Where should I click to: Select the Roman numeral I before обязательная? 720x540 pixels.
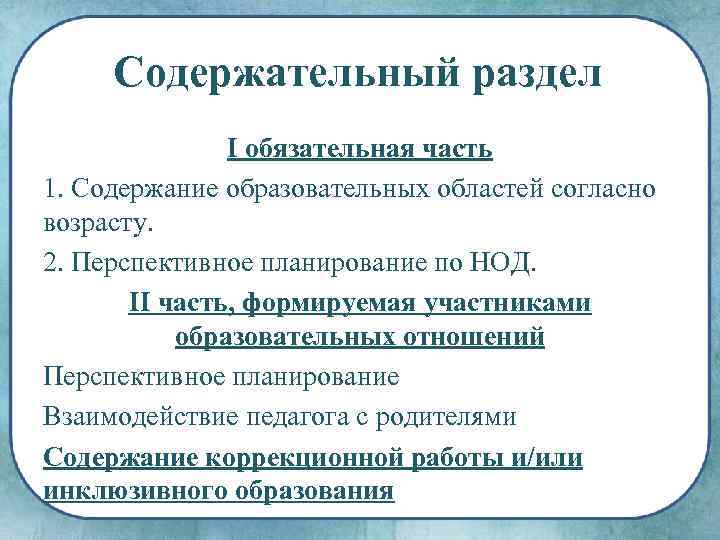233,150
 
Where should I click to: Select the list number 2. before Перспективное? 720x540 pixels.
54,264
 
